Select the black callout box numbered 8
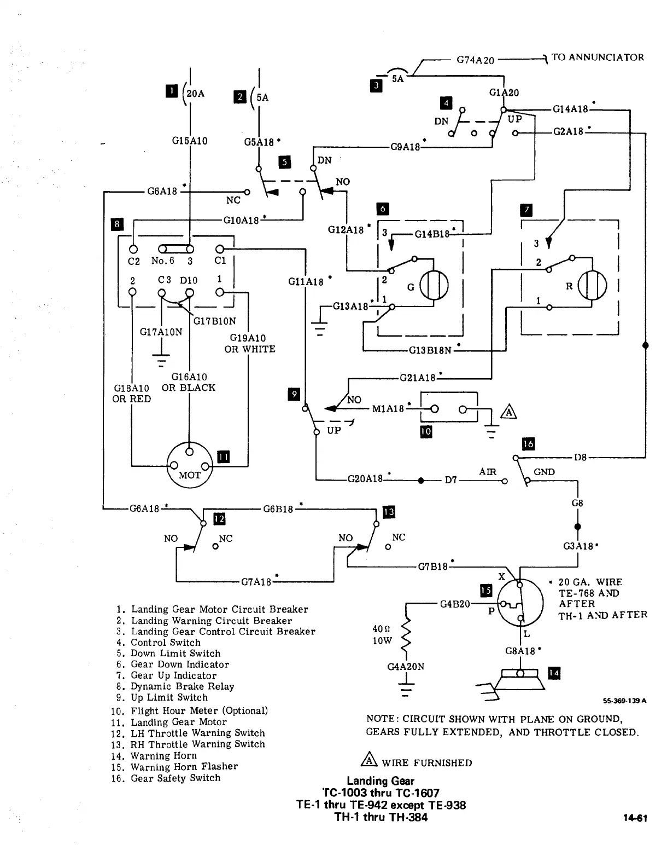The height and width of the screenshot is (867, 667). [117, 224]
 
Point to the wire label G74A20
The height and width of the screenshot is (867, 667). [475, 60]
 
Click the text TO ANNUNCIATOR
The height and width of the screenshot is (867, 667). [598, 57]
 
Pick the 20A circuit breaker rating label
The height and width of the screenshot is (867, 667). [195, 94]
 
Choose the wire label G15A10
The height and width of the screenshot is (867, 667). [189, 141]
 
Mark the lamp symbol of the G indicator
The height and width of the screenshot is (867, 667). [434, 286]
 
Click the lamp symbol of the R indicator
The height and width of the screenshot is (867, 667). [592, 286]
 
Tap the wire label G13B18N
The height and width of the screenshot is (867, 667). [430, 350]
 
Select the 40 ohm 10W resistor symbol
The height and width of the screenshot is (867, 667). [406, 635]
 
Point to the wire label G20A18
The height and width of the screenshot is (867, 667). [365, 479]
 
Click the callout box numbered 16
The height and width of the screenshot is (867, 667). [528, 443]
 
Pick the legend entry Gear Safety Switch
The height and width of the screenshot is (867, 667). [175, 778]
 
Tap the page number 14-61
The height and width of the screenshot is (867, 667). [635, 819]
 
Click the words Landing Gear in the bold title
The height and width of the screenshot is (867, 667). [381, 781]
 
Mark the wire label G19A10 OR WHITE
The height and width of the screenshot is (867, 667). [249, 344]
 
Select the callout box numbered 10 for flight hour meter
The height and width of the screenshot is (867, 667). [425, 432]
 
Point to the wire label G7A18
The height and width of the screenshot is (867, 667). [256, 581]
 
